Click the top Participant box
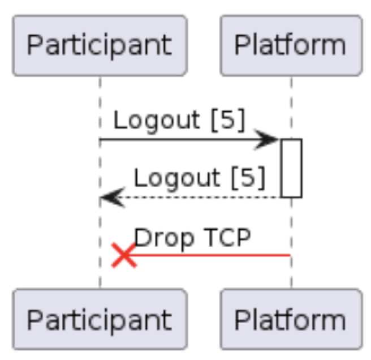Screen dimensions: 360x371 coord(100,45)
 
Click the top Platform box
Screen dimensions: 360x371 coord(291,45)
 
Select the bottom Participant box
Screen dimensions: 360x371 coord(100,319)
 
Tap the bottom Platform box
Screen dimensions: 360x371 coord(291,319)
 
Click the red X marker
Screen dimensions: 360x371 coord(124,255)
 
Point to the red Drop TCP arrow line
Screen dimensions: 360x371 coord(215,255)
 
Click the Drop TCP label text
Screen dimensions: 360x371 coord(192,238)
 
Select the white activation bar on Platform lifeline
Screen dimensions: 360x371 coord(291,168)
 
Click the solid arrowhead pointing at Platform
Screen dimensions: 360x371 coord(267,140)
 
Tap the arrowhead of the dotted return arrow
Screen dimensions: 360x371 coord(111,198)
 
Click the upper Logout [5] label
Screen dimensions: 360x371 coord(180,120)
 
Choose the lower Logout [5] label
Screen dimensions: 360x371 coord(199,178)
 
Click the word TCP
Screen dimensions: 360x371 coord(226,238)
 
